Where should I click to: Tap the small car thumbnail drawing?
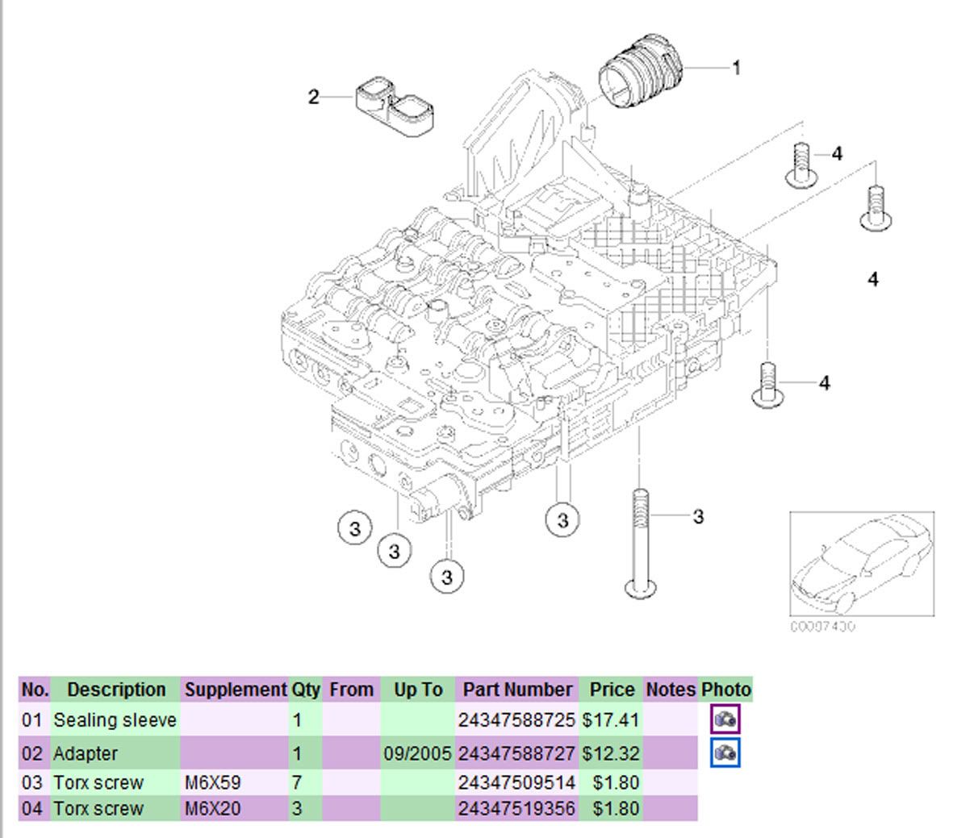pos(861,564)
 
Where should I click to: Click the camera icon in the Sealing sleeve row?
pos(725,719)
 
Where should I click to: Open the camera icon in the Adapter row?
pos(725,753)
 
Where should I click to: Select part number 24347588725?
pos(516,719)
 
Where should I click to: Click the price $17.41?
pos(611,719)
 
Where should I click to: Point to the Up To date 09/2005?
pos(417,754)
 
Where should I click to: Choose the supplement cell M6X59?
pos(211,782)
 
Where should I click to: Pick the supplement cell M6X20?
pos(211,808)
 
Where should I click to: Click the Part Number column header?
pos(516,690)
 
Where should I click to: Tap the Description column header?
pos(116,690)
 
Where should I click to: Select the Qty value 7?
pos(297,782)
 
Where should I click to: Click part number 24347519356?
pos(516,808)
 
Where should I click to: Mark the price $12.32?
pos(611,754)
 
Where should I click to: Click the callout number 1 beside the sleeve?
pos(735,68)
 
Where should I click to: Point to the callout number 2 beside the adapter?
pos(314,98)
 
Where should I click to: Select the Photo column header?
pos(725,690)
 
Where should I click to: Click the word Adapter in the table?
pos(86,754)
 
